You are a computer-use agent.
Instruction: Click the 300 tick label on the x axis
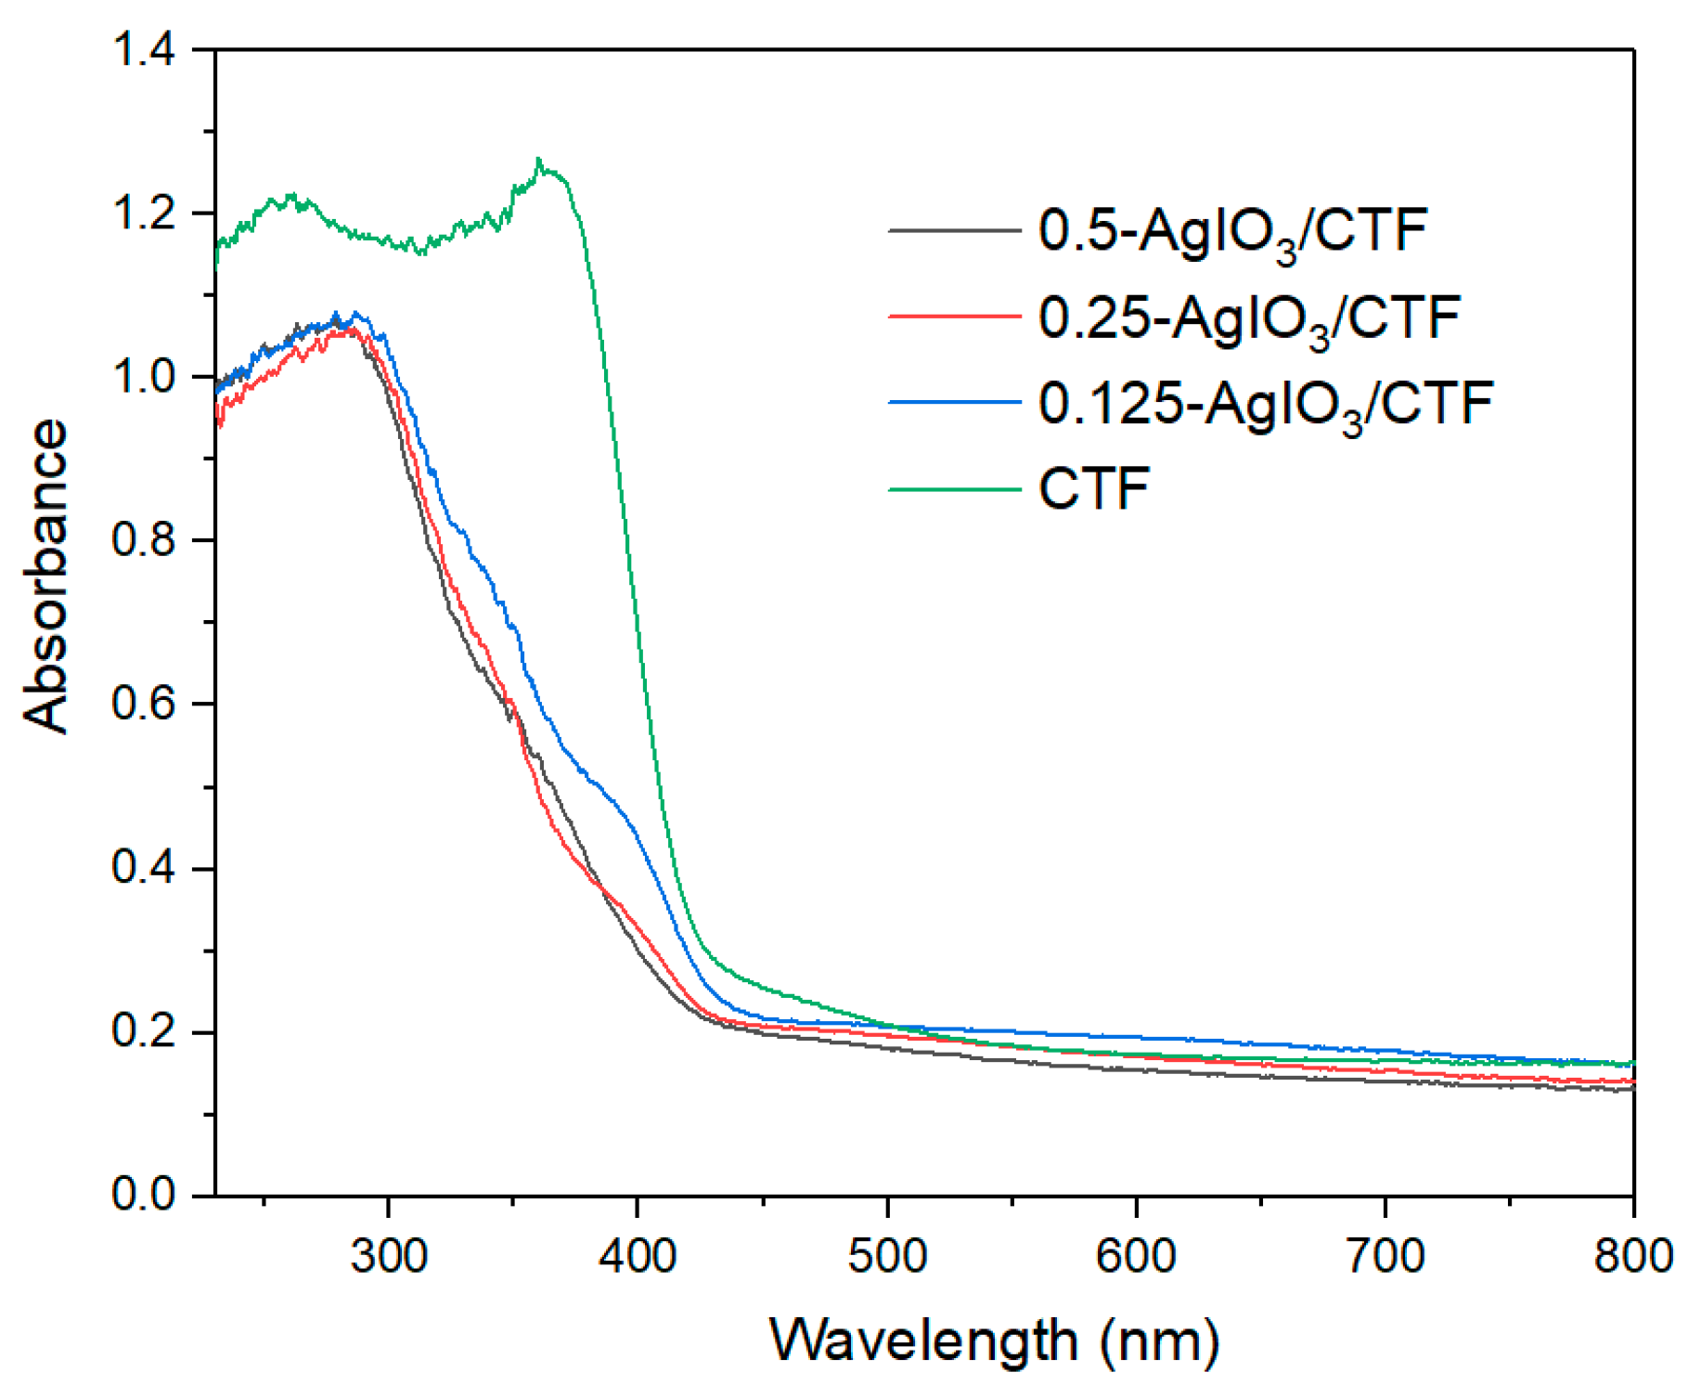pos(388,1256)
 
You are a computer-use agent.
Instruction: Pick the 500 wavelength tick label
pos(887,1256)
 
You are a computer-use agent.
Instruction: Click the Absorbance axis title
pos(45,576)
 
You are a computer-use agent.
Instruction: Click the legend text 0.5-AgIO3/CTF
pos(1231,230)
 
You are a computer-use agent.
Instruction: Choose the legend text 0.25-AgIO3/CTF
pos(1248,317)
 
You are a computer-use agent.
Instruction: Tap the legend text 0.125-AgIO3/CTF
pos(1265,403)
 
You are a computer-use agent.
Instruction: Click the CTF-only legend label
pos(1094,487)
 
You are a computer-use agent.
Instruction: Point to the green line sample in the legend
pos(954,487)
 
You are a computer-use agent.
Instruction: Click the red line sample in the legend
pos(954,317)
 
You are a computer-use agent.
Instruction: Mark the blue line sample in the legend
pos(954,402)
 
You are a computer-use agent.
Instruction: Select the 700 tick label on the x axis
pos(1385,1256)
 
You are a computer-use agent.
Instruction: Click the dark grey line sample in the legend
pos(954,229)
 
